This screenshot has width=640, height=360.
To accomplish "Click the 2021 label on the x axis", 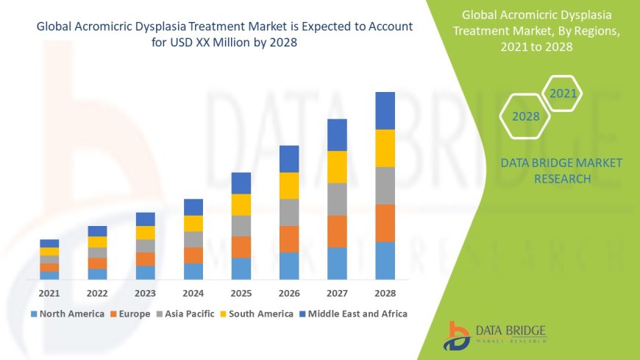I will point(49,293).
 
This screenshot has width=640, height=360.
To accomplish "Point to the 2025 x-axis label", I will point(241,293).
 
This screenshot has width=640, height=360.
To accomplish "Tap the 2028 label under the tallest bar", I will point(385,293).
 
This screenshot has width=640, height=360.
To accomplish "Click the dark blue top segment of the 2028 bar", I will point(385,110).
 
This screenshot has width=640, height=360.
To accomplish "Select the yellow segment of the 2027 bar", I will point(337,166).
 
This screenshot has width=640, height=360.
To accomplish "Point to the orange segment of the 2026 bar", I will point(289,239).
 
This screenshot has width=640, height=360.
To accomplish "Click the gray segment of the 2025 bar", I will point(241,225).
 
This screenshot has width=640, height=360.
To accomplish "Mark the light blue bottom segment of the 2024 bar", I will point(193,271).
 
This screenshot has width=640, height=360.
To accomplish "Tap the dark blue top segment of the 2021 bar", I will point(49,243).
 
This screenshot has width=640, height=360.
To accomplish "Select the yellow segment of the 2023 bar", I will point(146,233).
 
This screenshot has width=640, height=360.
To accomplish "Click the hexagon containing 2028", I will point(525,116).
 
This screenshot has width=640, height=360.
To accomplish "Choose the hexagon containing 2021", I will point(563,93).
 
